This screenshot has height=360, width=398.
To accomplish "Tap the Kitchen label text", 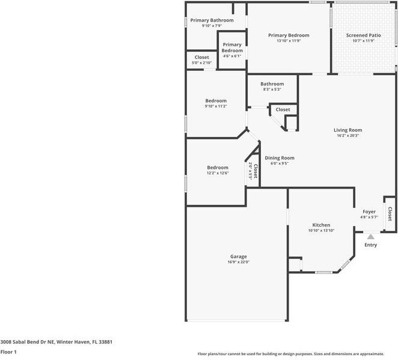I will point(320,225).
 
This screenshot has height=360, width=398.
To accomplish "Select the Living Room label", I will point(347,130).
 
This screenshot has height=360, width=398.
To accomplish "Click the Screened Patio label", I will point(363,35).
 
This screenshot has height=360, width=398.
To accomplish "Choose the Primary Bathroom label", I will point(212,20).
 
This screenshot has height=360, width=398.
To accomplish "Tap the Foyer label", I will point(369,212).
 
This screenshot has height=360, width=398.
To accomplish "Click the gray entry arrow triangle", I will point(370,237).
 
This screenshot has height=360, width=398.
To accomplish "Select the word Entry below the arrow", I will point(370,245).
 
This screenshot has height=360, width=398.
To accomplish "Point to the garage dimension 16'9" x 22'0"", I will point(238,262).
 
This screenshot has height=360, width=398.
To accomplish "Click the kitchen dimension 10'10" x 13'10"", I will point(320,231).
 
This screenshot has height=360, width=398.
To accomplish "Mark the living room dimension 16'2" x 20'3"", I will point(347,136).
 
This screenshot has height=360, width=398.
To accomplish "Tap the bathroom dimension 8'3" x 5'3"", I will point(272,90).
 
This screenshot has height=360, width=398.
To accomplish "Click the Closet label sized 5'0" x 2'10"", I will point(201,57).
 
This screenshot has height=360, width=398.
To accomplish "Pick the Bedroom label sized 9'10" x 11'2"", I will point(216,100).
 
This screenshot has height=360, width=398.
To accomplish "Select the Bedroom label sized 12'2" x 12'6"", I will point(218,168).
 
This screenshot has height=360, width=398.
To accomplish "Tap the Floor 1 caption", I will point(8,352).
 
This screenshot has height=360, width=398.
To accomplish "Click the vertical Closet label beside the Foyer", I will point(390,213).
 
